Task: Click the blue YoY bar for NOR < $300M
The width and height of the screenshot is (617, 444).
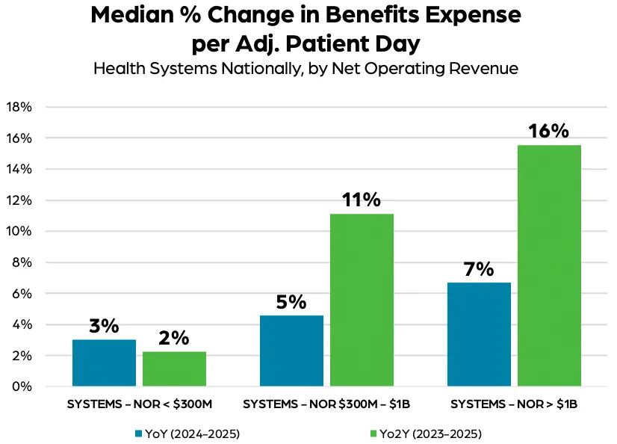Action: [104, 363]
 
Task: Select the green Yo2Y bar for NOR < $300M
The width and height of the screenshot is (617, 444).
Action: [174, 369]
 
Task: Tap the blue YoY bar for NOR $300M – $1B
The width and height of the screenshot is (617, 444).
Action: [291, 351]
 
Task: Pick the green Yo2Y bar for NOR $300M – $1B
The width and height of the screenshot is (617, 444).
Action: [362, 300]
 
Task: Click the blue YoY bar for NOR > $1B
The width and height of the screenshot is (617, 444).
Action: [479, 334]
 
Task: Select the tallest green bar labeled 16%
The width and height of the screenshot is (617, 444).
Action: [549, 265]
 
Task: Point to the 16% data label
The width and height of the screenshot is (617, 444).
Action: [549, 131]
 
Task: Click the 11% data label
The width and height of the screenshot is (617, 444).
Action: [362, 200]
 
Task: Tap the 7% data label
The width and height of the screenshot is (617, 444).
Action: [479, 269]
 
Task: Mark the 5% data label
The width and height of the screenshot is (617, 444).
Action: [291, 302]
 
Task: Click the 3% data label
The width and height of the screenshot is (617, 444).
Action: [104, 326]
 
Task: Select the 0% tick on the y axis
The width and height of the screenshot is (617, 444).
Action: [22, 386]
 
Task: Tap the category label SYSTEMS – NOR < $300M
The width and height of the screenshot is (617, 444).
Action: [140, 404]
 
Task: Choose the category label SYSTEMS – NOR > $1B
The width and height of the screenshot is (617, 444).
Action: [514, 404]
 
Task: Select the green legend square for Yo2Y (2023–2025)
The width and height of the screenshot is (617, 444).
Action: [373, 434]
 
